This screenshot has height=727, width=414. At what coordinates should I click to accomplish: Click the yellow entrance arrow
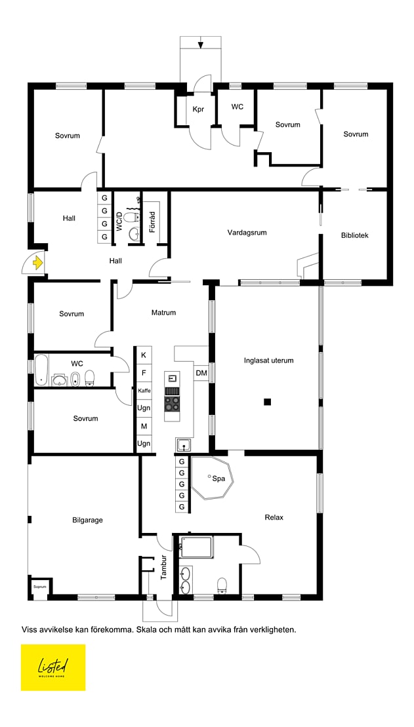pos(37,264)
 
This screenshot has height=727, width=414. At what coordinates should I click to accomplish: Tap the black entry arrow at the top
pos(201,45)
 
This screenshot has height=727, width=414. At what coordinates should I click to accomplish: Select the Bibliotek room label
pos(354,235)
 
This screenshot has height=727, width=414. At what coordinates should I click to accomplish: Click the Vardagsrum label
pos(247,232)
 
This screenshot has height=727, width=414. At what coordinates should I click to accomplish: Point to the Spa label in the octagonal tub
pos(218,479)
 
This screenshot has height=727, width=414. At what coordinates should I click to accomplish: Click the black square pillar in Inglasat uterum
pos(267,402)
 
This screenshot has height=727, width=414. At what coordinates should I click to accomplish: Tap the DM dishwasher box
pos(201,373)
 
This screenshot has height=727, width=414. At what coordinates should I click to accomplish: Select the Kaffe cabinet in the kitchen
pos(144,391)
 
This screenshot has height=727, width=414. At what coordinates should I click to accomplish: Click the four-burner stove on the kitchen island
pos(172,404)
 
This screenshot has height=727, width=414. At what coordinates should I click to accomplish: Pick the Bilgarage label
pos(88,520)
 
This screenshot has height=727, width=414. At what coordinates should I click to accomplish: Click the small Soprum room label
pos(40,587)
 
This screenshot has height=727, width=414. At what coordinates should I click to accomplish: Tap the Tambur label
pos(163,568)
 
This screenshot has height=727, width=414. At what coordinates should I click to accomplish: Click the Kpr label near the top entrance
pos(198,109)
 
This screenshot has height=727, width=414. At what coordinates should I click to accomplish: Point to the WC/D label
pos(119,222)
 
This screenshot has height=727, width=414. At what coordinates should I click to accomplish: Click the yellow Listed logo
pos(53,667)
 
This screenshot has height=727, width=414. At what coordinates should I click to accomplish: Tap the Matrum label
pos(163,313)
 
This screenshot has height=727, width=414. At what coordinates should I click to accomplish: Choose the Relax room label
pos(274,517)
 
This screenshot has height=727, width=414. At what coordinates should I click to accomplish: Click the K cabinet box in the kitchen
pos(144,355)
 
